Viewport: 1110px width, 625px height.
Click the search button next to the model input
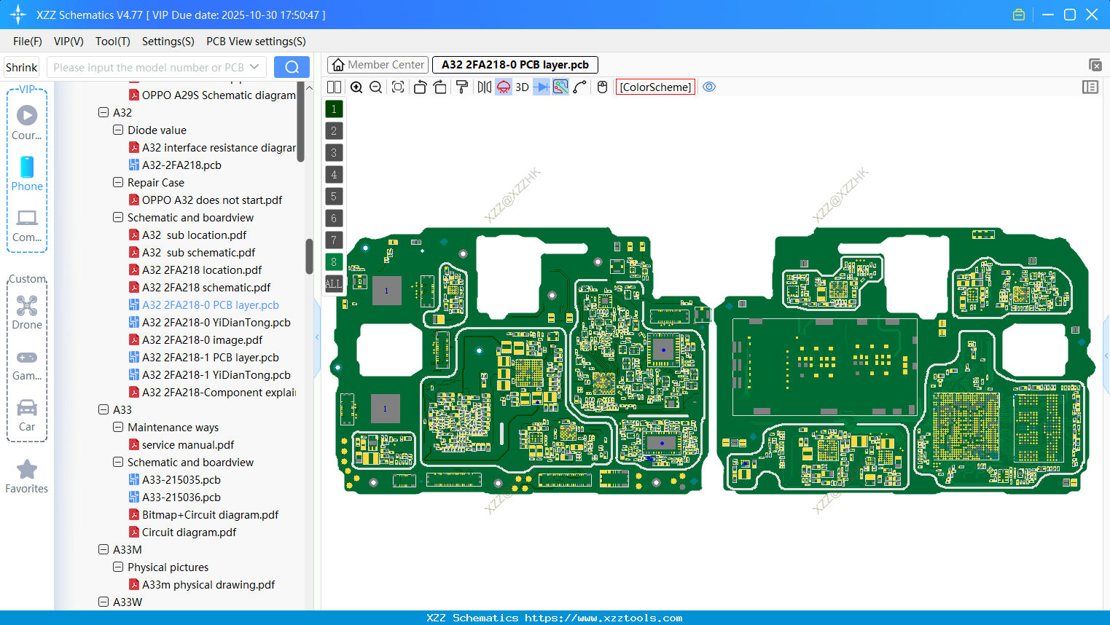click(x=292, y=67)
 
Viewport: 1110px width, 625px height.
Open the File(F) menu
click(x=28, y=42)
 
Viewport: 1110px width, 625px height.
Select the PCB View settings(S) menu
click(x=256, y=42)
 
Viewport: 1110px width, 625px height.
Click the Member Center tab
click(x=378, y=65)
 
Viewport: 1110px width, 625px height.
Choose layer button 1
click(x=334, y=109)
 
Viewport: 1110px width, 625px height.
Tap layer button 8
click(x=334, y=262)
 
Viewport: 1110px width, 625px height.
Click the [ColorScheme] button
click(x=655, y=87)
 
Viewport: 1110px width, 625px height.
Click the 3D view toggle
click(x=522, y=87)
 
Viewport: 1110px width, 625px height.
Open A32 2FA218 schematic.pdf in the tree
click(x=206, y=288)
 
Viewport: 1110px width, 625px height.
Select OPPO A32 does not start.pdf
click(x=211, y=200)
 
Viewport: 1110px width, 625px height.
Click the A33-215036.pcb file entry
click(x=181, y=498)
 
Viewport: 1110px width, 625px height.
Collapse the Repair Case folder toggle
click(x=118, y=183)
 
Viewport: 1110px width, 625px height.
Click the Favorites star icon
click(x=27, y=470)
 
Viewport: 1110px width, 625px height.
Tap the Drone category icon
click(x=27, y=307)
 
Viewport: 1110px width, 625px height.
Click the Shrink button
click(x=22, y=68)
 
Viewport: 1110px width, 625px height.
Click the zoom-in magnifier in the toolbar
click(x=356, y=87)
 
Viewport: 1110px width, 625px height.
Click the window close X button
click(x=1091, y=15)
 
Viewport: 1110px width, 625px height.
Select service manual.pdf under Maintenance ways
click(x=188, y=445)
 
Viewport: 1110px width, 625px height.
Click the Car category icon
click(x=27, y=409)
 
